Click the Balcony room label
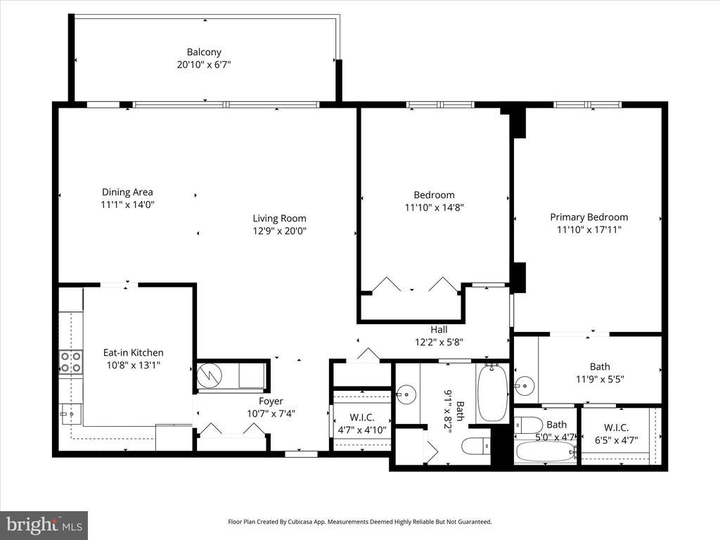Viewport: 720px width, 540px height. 204,52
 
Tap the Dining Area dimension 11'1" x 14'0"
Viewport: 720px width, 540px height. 127,205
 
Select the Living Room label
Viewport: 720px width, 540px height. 279,219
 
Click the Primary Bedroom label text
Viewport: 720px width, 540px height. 589,217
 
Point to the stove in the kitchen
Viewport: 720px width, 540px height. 71,362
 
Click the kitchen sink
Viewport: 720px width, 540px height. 71,415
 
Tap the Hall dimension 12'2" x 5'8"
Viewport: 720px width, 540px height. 439,342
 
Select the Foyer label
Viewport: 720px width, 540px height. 271,401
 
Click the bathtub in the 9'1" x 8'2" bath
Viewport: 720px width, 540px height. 492,393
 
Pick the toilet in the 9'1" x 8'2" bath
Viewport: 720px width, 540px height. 476,445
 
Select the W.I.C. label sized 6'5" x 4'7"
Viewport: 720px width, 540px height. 616,428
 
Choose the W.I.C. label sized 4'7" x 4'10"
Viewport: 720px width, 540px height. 362,418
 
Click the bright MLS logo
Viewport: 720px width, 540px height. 44,525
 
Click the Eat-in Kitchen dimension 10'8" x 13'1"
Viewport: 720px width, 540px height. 133,366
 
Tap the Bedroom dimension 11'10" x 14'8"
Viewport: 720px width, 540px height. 434,207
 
